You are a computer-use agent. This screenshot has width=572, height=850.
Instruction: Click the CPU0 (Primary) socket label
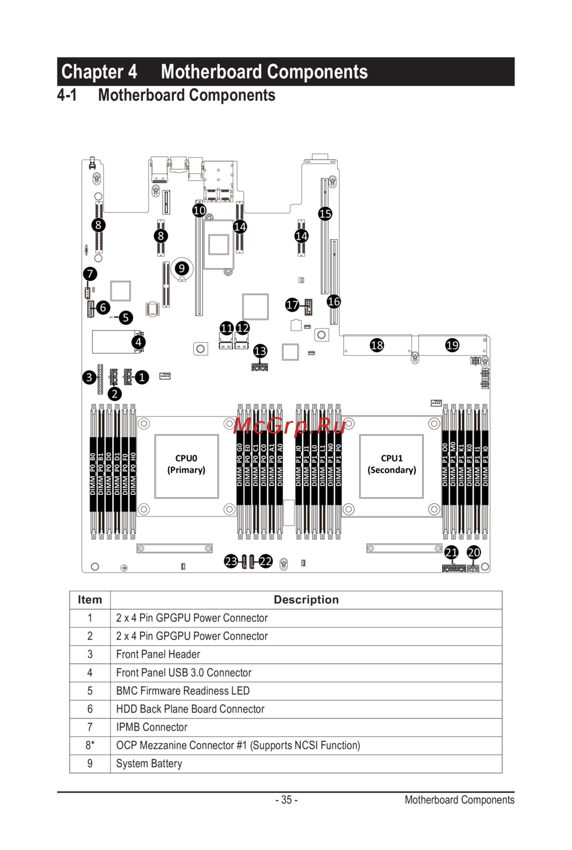(x=186, y=464)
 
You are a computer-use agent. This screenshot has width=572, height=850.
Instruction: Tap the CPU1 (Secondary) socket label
(x=392, y=464)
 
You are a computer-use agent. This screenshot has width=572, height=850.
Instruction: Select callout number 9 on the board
(x=181, y=268)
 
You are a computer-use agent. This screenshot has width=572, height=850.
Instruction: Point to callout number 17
(x=292, y=304)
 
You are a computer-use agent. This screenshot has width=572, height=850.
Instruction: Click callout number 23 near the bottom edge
(x=231, y=561)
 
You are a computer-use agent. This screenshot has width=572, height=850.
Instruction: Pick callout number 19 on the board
(x=452, y=345)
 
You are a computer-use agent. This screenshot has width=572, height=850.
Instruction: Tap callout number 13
(x=260, y=351)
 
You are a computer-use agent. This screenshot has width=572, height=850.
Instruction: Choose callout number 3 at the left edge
(x=89, y=377)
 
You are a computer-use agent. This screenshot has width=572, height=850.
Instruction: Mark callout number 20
(x=474, y=552)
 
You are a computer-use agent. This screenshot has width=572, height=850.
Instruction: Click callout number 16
(x=333, y=301)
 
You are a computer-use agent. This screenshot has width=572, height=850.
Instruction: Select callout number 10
(x=199, y=210)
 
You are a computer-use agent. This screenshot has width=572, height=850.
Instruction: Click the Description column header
(x=306, y=599)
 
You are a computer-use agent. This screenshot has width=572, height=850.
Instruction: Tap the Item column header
(x=90, y=599)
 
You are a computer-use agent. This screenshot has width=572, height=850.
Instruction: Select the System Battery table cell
(x=149, y=764)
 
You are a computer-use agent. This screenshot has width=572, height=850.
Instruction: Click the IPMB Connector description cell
(x=152, y=727)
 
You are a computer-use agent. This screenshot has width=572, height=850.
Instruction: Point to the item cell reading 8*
(x=90, y=745)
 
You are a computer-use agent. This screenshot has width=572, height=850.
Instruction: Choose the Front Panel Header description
(x=158, y=654)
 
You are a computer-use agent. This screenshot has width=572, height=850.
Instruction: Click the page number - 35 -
(x=286, y=800)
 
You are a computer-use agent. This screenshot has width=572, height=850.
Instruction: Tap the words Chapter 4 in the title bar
(x=99, y=72)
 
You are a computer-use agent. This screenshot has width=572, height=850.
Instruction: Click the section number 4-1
(x=67, y=95)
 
